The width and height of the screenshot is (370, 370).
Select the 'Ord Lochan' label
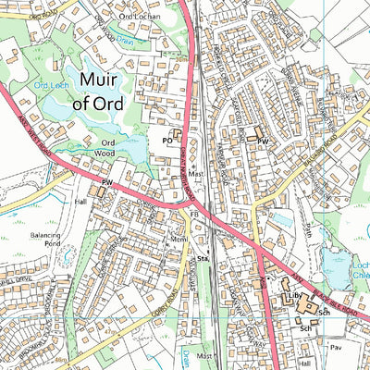click(140, 17)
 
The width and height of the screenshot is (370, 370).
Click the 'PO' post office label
click(168, 141)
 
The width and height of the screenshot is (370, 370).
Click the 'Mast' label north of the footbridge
click(195, 173)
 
